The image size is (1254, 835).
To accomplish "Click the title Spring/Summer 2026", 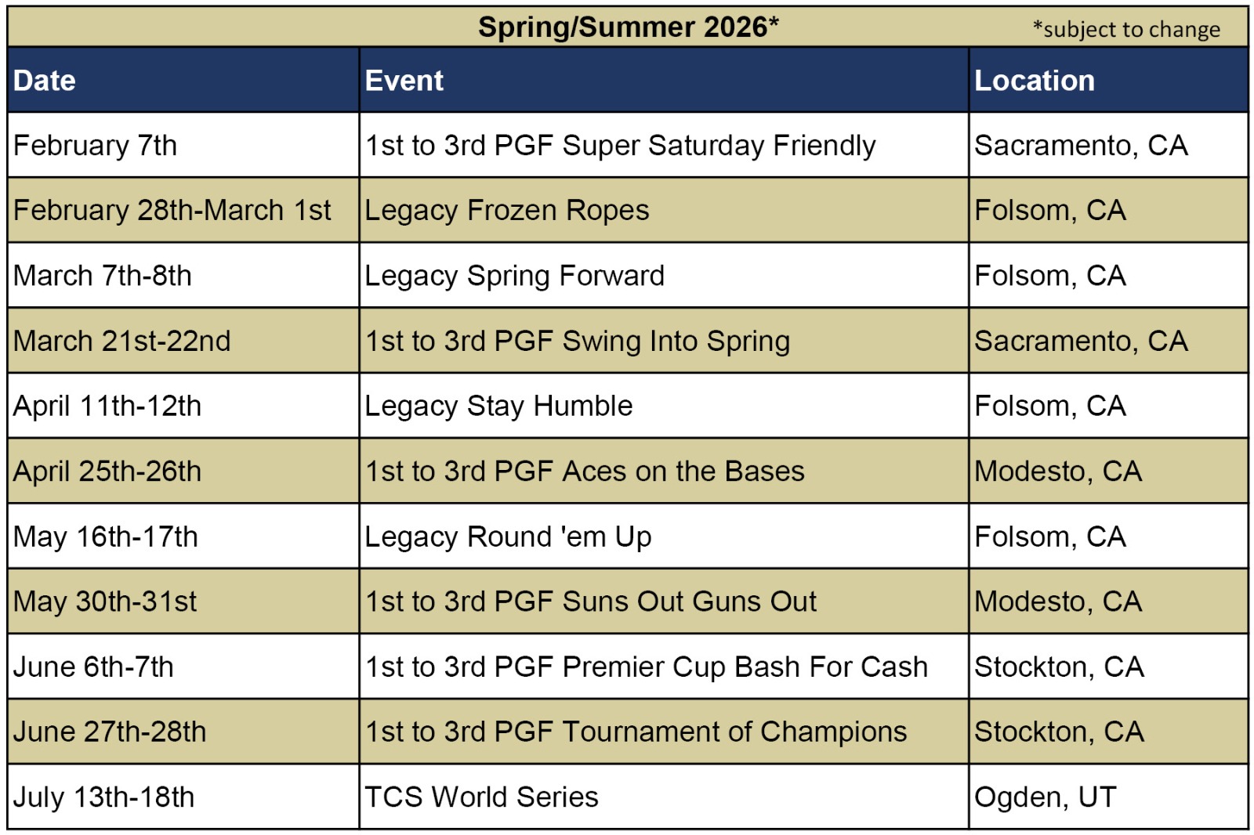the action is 628,27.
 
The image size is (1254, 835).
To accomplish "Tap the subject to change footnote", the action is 1126,29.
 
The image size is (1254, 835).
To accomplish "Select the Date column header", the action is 44,81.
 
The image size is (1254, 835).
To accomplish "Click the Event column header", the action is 404,81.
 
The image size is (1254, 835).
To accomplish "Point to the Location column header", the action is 1034,81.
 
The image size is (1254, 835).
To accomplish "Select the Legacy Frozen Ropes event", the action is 506,211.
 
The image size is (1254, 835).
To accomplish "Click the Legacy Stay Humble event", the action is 498,406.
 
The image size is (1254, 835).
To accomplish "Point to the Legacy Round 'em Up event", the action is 508,537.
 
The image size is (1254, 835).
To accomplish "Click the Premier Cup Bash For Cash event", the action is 646,667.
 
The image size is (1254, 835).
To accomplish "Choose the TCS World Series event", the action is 481,797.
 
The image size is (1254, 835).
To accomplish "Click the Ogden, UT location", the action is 1046,797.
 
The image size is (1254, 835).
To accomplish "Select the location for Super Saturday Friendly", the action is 1081,146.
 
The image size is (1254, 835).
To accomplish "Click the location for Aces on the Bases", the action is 1057,472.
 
